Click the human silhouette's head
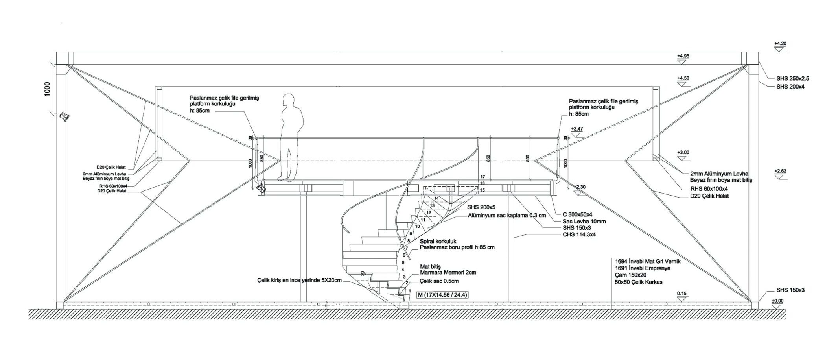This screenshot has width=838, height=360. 289,100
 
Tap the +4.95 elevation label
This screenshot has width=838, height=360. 683,56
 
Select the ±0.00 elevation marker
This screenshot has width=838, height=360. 777,301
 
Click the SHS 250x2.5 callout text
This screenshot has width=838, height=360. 792,78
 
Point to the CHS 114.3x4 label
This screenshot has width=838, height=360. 579,234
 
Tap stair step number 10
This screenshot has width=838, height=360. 417,226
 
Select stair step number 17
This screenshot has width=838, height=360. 483,177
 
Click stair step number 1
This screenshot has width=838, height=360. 410,291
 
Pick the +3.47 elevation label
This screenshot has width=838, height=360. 577,129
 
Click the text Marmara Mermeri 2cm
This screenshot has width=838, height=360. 448,272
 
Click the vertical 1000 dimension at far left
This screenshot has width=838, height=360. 48,90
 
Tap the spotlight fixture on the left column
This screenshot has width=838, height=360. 64,116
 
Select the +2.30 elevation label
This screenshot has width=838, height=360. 580,187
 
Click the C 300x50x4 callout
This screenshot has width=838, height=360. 577,214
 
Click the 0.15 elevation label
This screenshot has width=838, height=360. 681,294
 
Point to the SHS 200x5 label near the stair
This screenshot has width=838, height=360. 481,207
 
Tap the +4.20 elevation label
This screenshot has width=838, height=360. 780,44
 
